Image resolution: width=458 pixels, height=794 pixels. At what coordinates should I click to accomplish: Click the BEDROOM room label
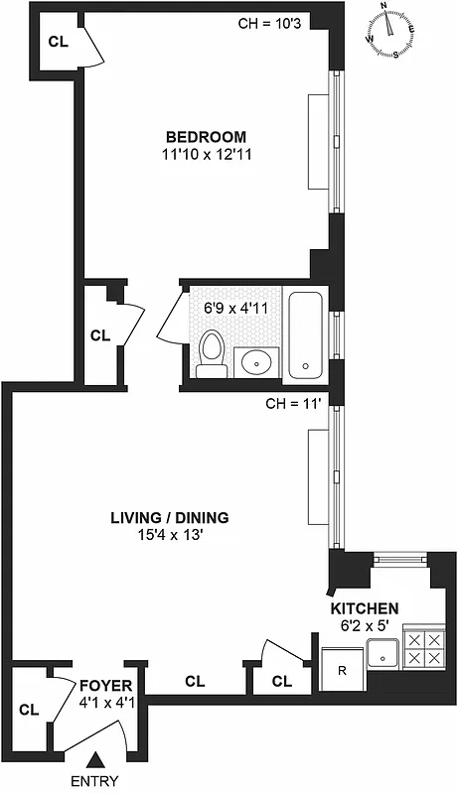pyautogui.click(x=206, y=136)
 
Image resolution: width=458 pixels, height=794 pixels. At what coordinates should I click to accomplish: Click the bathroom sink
pyautogui.click(x=257, y=362)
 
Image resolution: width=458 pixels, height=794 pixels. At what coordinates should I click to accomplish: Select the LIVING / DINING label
pyautogui.click(x=170, y=517)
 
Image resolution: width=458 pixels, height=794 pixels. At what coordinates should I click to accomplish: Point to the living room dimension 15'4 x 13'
pyautogui.click(x=170, y=535)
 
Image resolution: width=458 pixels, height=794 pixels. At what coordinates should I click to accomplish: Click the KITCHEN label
pyautogui.click(x=365, y=608)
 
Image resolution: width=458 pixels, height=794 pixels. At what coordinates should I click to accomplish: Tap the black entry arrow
pyautogui.click(x=94, y=760)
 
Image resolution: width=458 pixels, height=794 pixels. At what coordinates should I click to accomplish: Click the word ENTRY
pyautogui.click(x=94, y=781)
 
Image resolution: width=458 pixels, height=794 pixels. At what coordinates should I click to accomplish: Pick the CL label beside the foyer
pyautogui.click(x=29, y=710)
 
